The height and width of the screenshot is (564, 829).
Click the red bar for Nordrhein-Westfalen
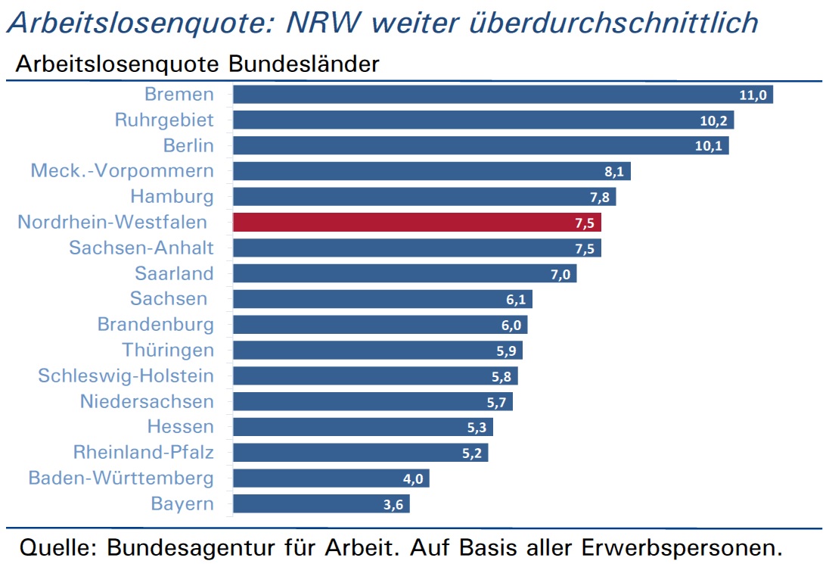pyautogui.click(x=417, y=223)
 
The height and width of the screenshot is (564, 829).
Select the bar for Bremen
pyautogui.click(x=503, y=95)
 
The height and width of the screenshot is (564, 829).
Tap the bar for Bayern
pyautogui.click(x=321, y=503)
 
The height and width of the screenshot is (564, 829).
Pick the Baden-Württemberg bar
pyautogui.click(x=331, y=478)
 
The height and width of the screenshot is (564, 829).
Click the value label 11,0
pyautogui.click(x=753, y=95)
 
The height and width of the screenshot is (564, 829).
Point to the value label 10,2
pyautogui.click(x=714, y=120)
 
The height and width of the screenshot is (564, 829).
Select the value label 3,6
pyautogui.click(x=393, y=505)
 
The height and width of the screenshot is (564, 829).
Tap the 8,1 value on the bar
pyautogui.click(x=614, y=171)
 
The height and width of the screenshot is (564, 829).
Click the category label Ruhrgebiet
pyautogui.click(x=164, y=120)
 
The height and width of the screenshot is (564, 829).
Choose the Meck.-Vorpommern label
pyautogui.click(x=122, y=171)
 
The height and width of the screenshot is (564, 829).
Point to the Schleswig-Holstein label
pyautogui.click(x=126, y=375)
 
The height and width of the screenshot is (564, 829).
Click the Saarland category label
pyautogui.click(x=175, y=273)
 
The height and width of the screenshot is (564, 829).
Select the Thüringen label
pyautogui.click(x=168, y=351)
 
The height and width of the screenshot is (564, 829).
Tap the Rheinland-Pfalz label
pyautogui.click(x=144, y=453)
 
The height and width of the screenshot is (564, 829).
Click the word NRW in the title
pyautogui.click(x=324, y=22)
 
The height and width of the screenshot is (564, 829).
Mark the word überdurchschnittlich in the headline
pyautogui.click(x=614, y=22)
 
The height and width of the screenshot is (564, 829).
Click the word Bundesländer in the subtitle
pyautogui.click(x=304, y=64)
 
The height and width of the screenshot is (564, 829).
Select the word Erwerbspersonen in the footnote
pyautogui.click(x=682, y=548)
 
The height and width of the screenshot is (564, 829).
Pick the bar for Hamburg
pyautogui.click(x=424, y=197)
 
